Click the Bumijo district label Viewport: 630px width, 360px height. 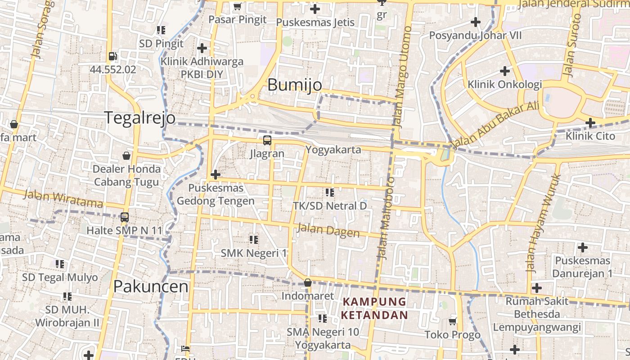pyautogui.click(x=295, y=85)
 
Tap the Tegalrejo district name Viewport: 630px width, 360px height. pyautogui.click(x=140, y=117)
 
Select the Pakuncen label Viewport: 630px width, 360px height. pyautogui.click(x=151, y=286)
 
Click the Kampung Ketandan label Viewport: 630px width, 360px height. pyautogui.click(x=374, y=308)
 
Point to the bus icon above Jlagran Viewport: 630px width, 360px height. pyautogui.click(x=267, y=140)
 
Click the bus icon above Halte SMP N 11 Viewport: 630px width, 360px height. pyautogui.click(x=125, y=217)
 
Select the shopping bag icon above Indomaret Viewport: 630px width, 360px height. pyautogui.click(x=308, y=283)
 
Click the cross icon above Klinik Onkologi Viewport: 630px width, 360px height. pyautogui.click(x=505, y=71)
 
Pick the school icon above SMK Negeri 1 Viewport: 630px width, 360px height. pyautogui.click(x=254, y=240)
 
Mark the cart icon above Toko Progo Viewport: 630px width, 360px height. pyautogui.click(x=453, y=321)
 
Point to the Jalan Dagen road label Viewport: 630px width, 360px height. pyautogui.click(x=328, y=230)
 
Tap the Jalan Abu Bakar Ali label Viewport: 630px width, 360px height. pyautogui.click(x=495, y=126)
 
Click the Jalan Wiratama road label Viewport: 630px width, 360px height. pyautogui.click(x=63, y=198)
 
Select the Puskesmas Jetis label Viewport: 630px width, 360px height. pyautogui.click(x=315, y=22)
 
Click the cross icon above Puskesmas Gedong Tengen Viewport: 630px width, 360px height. pyautogui.click(x=216, y=175)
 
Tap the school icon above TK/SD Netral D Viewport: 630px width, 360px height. pyautogui.click(x=330, y=193)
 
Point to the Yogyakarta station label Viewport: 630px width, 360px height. pyautogui.click(x=333, y=149)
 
